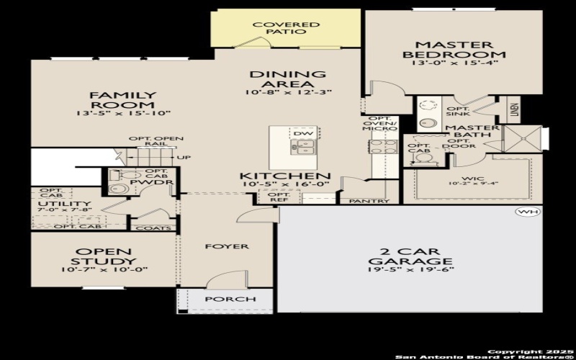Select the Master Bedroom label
tap(454, 49)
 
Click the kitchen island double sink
tap(303, 148)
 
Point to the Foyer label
tap(226, 246)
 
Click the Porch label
tap(230, 299)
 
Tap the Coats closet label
tap(159, 228)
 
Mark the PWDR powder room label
tap(161, 183)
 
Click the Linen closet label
tap(514, 109)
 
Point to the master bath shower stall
tap(522, 138)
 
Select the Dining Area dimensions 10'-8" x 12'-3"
tap(287, 92)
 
